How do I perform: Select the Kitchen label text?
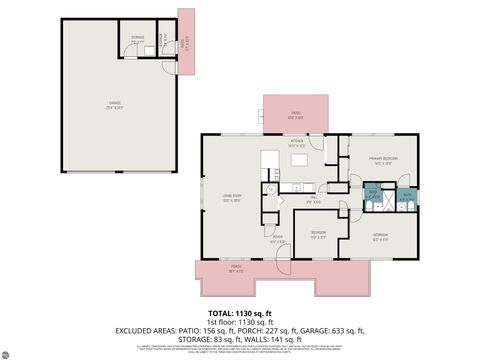point(297,142)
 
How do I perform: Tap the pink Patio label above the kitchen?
point(295,113)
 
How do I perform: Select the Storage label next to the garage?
point(138,40)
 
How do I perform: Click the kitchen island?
point(269,160)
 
